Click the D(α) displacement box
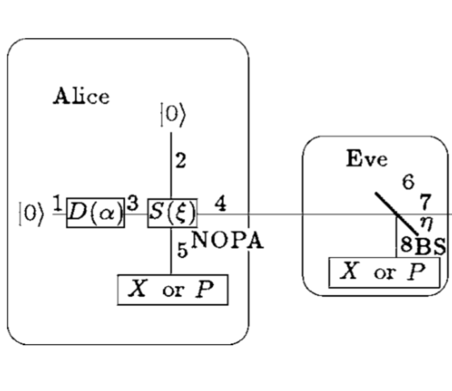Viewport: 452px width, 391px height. click(95, 213)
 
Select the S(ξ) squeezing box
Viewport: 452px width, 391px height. click(173, 213)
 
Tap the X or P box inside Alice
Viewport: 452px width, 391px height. click(173, 289)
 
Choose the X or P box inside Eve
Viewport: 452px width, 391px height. click(384, 272)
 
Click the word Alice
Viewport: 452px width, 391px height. click(82, 96)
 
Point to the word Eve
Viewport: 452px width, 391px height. click(366, 158)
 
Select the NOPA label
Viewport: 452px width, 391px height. click(227, 240)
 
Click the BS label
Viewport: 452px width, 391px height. click(430, 247)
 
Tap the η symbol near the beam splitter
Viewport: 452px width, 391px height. click(426, 223)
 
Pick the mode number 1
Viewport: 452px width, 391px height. click(57, 203)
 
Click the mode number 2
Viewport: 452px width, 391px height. click(181, 160)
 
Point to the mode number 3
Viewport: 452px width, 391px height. click(132, 203)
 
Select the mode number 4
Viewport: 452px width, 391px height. click(220, 203)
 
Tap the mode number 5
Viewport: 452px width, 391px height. click(182, 250)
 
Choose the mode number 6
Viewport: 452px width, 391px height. click(408, 181)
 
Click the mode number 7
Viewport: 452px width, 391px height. click(426, 202)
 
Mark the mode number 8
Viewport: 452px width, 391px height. click(407, 245)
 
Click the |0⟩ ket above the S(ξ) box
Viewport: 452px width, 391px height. click(173, 114)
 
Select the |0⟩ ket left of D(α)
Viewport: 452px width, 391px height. click(31, 214)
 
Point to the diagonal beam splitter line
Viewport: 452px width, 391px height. click(396, 214)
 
